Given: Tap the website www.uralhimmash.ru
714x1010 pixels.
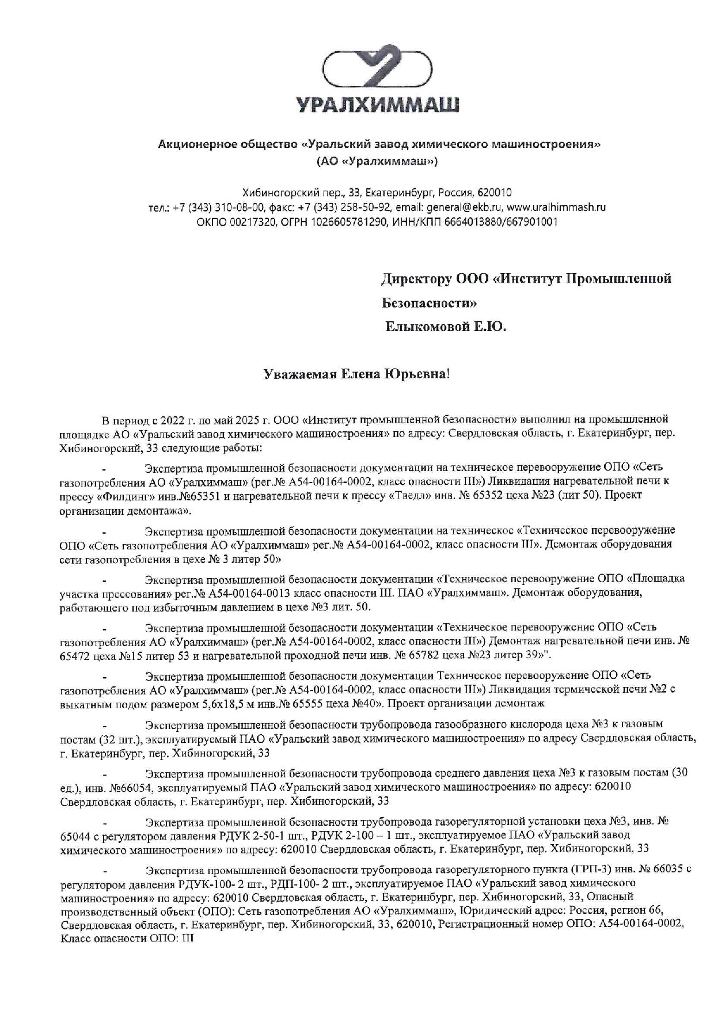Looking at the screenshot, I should pos(556,207).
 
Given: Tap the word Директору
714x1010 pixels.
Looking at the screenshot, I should pos(416,279).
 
